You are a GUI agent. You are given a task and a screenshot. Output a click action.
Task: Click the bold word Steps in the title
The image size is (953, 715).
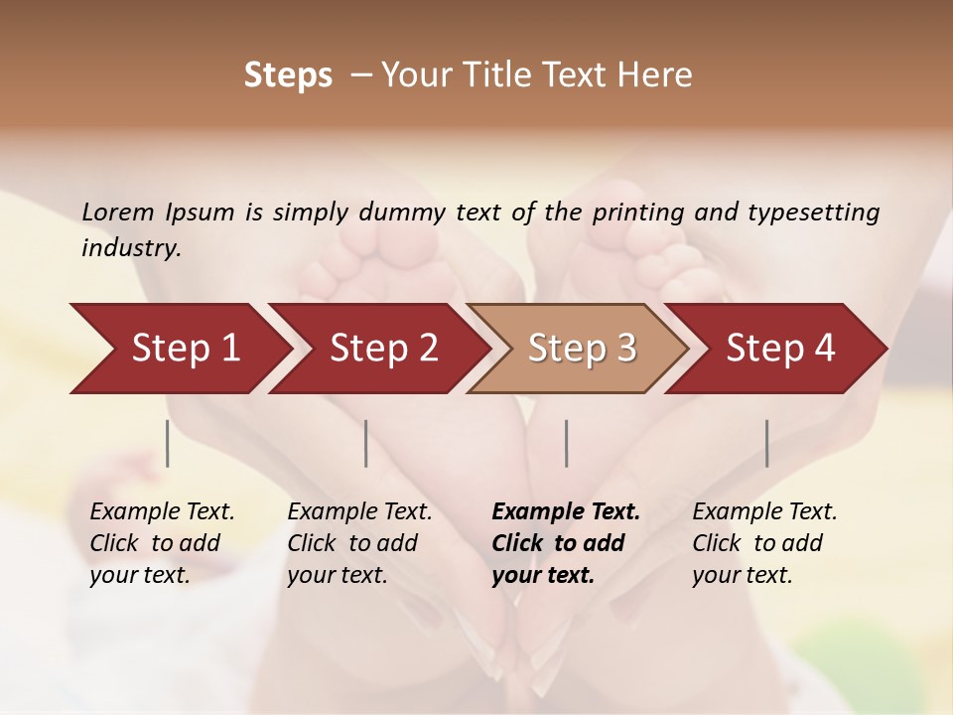point(288,75)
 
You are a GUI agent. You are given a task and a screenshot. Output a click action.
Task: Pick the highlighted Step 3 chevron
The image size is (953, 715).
point(579,349)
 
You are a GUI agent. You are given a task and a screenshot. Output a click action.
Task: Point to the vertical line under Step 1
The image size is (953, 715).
point(168,443)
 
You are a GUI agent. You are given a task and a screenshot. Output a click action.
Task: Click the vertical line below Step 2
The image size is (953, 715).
point(366,443)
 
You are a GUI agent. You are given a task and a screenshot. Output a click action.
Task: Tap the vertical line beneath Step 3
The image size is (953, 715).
point(567,443)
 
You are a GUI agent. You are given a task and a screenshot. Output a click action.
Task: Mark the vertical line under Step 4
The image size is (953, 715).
point(767,443)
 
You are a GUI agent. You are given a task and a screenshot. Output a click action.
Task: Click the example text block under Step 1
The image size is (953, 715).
point(162,543)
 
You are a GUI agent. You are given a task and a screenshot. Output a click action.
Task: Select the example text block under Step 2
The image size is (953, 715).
point(359,543)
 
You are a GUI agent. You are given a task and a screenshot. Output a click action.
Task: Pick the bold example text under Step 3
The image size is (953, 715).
point(566,543)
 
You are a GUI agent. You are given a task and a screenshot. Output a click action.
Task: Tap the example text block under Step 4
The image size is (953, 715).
point(764,543)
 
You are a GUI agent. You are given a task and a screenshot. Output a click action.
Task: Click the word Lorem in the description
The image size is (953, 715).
point(117,212)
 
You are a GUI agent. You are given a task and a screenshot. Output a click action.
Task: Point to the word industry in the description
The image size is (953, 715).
point(130,248)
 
